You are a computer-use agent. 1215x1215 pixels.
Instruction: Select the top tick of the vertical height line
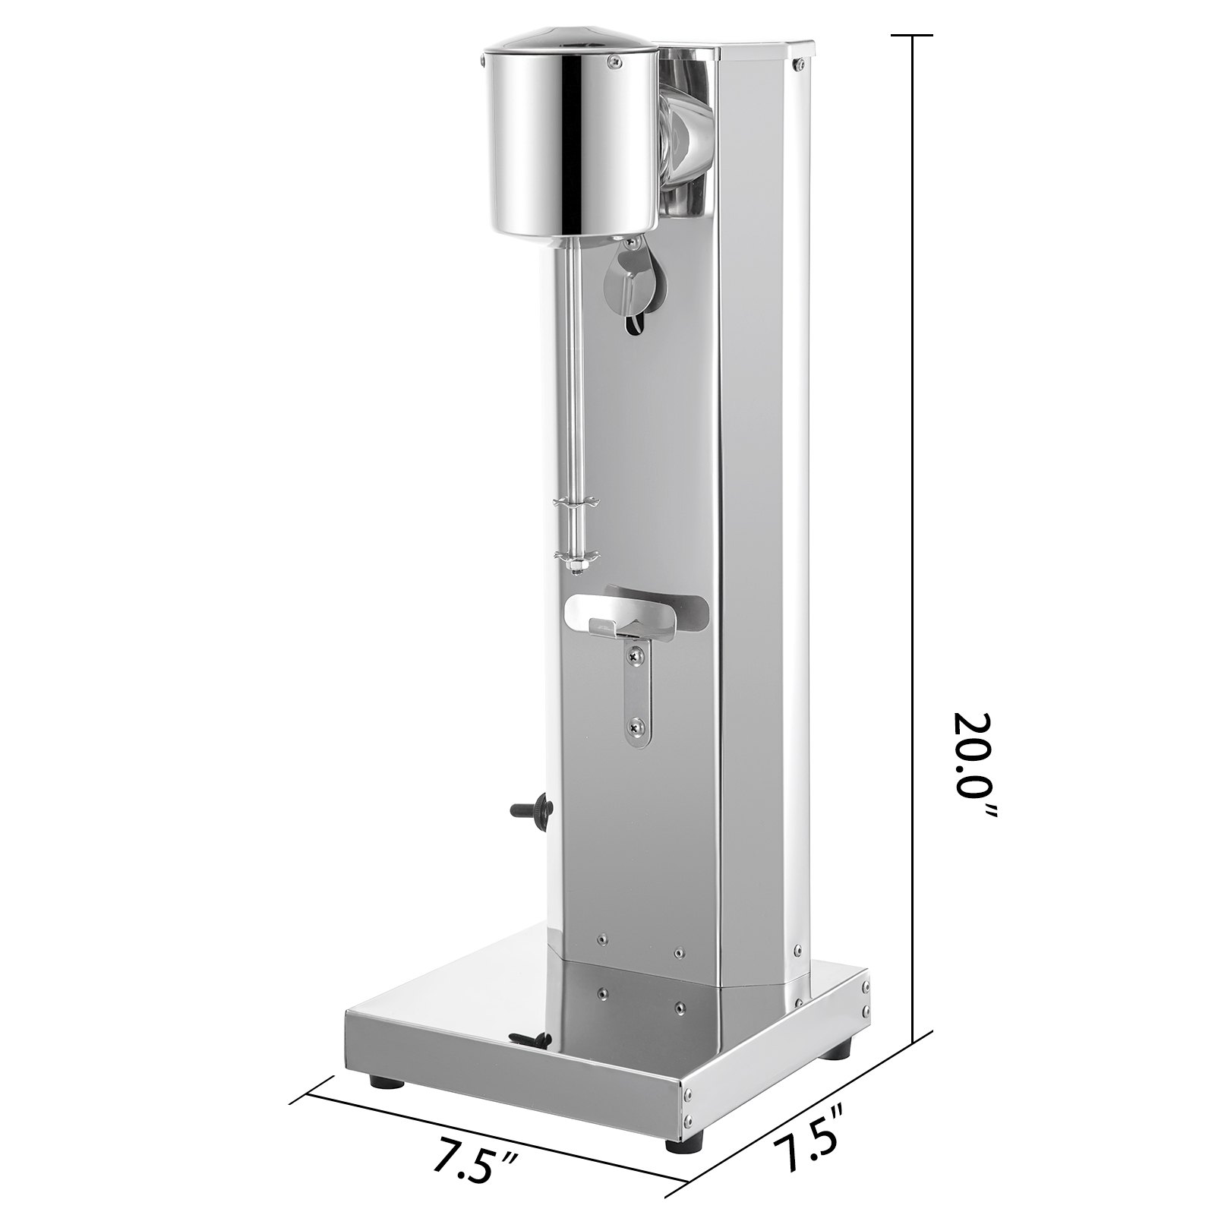(911, 36)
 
